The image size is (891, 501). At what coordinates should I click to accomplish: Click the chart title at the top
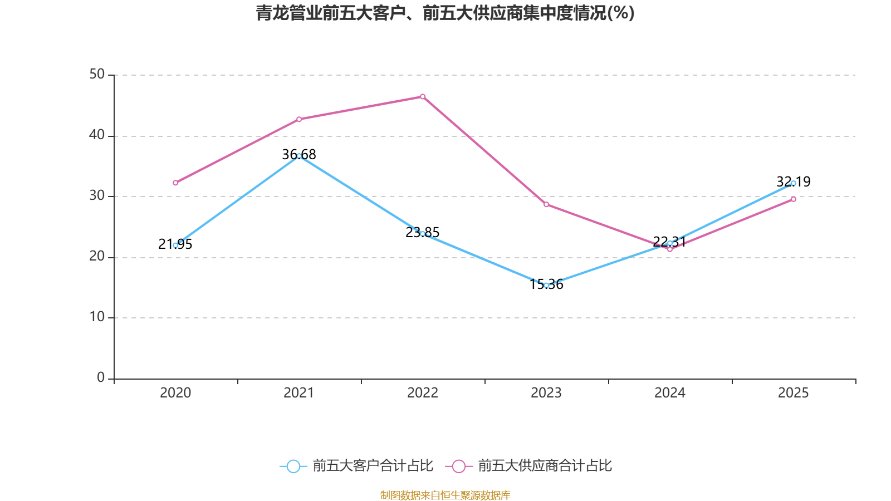(x=445, y=13)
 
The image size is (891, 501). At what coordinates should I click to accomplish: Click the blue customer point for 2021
(x=299, y=156)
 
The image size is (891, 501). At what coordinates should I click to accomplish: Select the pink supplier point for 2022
(x=423, y=97)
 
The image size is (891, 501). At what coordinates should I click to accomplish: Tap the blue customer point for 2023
(x=546, y=285)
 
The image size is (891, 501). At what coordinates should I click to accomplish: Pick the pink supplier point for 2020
(x=175, y=183)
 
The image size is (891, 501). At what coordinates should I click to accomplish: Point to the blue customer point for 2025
(x=794, y=183)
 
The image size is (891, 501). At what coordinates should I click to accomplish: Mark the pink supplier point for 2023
(x=546, y=205)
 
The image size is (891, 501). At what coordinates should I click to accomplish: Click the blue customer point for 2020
(x=175, y=245)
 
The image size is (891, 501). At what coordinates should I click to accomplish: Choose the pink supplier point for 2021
(x=299, y=119)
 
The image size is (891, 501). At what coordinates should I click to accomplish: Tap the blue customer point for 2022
(x=423, y=234)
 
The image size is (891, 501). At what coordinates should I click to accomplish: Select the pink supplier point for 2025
(x=794, y=199)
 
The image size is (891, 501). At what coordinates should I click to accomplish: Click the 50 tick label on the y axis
(x=97, y=74)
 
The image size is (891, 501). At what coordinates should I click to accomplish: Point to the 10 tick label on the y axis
(x=97, y=317)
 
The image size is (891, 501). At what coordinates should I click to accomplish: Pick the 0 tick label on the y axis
(x=101, y=377)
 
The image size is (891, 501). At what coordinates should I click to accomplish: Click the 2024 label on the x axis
(x=670, y=393)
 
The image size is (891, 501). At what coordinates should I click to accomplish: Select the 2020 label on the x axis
(x=175, y=393)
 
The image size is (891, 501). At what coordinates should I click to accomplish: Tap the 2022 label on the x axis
(x=423, y=393)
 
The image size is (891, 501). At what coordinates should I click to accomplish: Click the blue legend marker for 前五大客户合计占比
(x=293, y=466)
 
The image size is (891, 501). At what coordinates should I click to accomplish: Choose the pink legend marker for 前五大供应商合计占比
(x=459, y=466)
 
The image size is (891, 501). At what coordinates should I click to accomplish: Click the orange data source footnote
(x=445, y=495)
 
